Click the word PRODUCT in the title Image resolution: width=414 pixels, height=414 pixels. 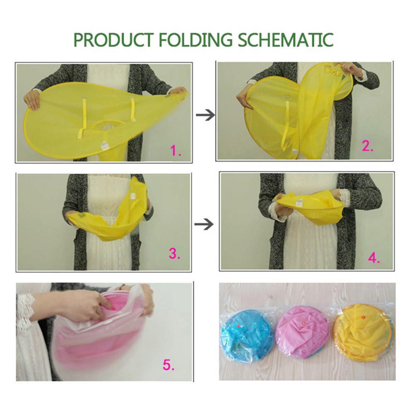pos(113,40)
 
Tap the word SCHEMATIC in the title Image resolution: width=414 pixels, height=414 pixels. pos(285,40)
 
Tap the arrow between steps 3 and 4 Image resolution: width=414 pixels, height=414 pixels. pos(204,224)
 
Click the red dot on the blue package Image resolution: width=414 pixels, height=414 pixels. pos(239,327)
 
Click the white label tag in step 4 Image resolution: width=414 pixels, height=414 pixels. pos(298,203)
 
